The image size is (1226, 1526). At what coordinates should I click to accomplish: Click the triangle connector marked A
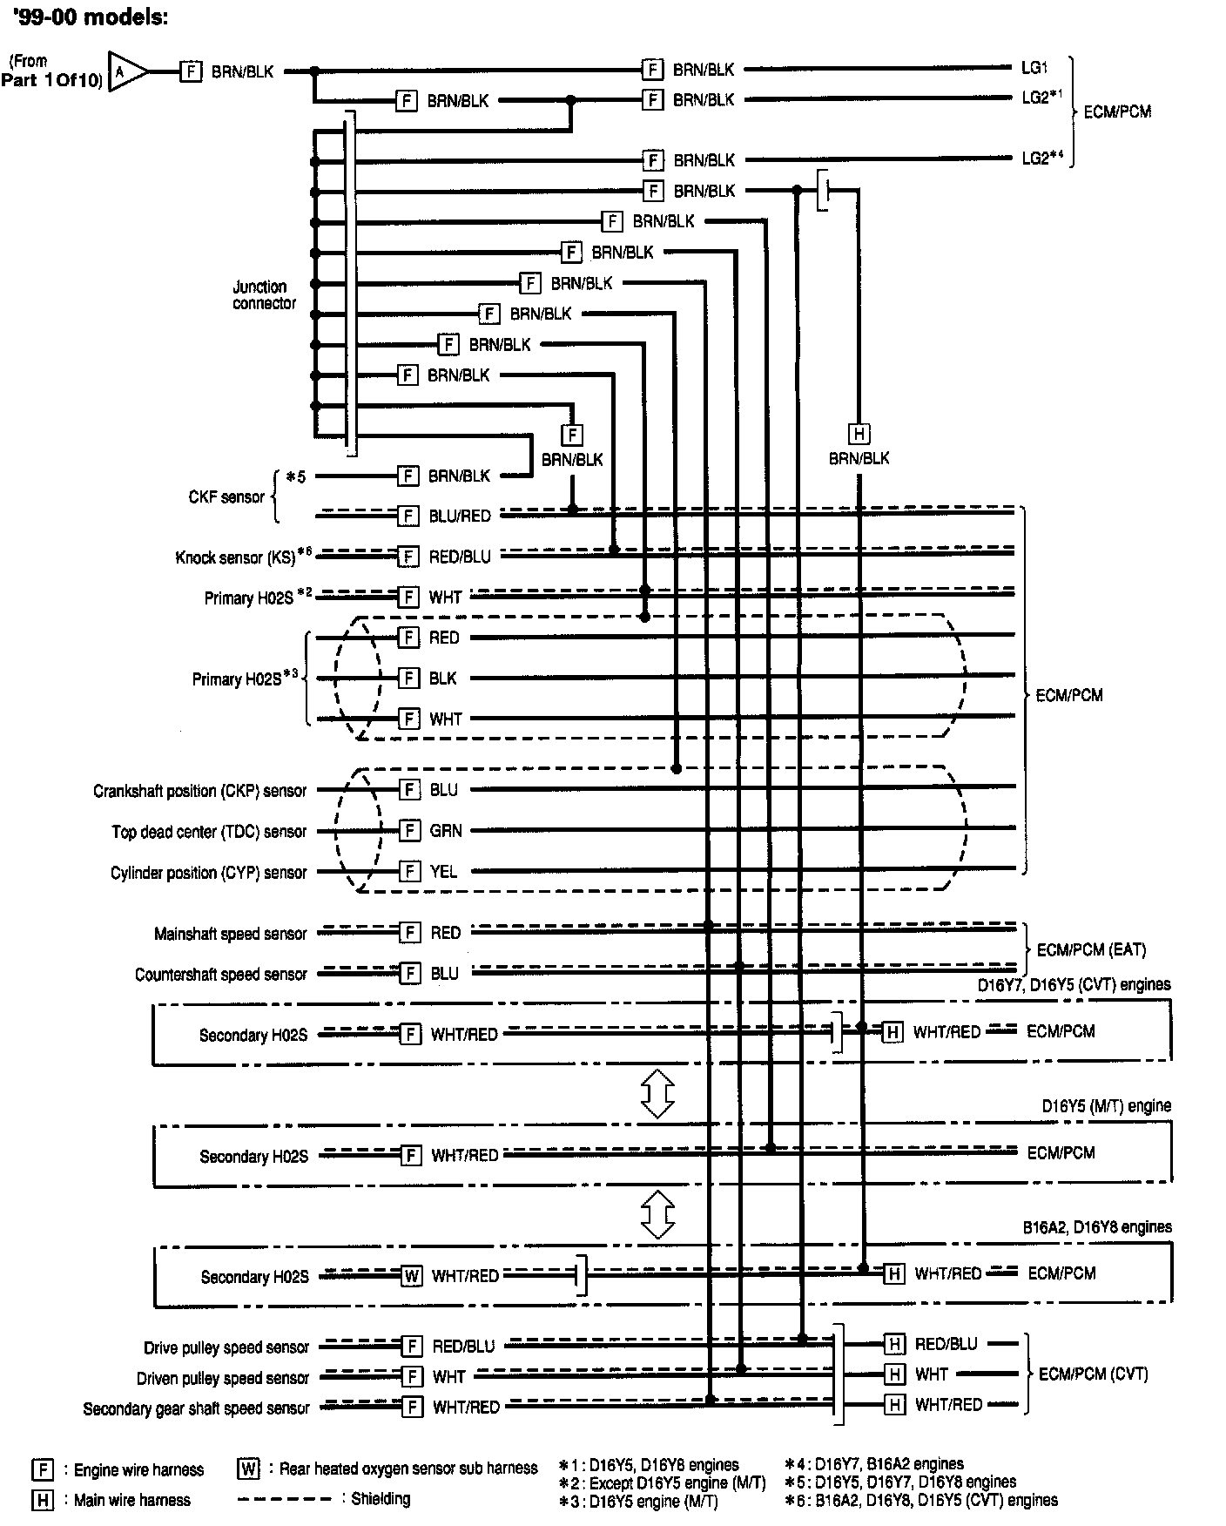(125, 71)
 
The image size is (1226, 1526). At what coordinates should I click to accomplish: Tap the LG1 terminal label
(1034, 67)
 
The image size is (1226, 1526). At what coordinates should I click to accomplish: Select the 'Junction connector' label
(264, 294)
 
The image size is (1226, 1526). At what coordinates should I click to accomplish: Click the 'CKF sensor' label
(226, 496)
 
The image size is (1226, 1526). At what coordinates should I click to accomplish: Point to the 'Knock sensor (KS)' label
(236, 557)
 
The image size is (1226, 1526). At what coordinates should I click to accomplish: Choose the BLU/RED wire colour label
(460, 516)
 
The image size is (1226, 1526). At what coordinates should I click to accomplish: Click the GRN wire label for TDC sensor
(446, 830)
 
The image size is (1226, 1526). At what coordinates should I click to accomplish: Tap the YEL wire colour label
(443, 871)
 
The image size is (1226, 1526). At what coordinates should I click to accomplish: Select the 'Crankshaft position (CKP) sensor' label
(199, 791)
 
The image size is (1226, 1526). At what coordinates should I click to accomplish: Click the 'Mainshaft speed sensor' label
(230, 934)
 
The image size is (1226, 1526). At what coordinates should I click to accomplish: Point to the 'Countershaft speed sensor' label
(220, 974)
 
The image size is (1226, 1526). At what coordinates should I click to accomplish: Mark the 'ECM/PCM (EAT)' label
(1091, 949)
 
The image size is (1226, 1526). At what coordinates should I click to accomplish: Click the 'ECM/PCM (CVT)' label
(1093, 1374)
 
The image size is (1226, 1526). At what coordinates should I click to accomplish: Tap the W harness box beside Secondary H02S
(412, 1276)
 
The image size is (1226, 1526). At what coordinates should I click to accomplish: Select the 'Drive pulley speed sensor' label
(226, 1347)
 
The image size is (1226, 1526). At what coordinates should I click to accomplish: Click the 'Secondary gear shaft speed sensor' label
(196, 1408)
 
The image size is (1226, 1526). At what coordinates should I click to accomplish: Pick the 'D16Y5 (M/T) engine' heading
(1106, 1105)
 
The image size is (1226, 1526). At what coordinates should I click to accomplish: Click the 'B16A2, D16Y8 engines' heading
(1096, 1226)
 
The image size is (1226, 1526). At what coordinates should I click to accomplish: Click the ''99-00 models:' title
(91, 17)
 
